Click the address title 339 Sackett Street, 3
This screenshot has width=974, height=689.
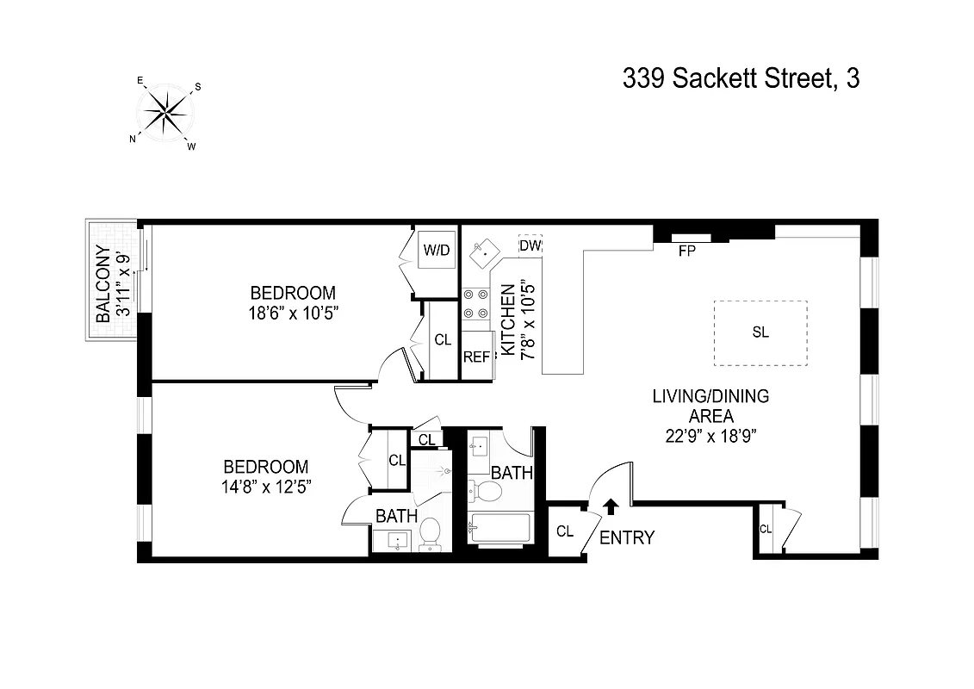pos(741,79)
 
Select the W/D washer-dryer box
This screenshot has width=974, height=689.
pos(436,251)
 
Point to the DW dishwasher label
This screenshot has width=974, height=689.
pos(530,245)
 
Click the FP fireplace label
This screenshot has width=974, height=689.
pos(686,251)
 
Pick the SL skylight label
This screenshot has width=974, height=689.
pos(760,332)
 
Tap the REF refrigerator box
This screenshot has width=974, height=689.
pos(476,357)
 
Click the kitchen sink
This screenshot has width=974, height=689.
pos(483,251)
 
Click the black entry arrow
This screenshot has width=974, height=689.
pos(611,507)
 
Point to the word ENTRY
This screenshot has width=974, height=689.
pos(626,538)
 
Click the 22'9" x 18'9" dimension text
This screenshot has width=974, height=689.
pos(710,435)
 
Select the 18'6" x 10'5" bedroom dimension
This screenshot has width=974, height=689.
pos(292,313)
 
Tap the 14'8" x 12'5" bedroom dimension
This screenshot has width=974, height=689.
pos(266,486)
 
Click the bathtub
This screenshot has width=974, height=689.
pos(499,528)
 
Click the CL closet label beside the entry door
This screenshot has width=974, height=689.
pos(564,531)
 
